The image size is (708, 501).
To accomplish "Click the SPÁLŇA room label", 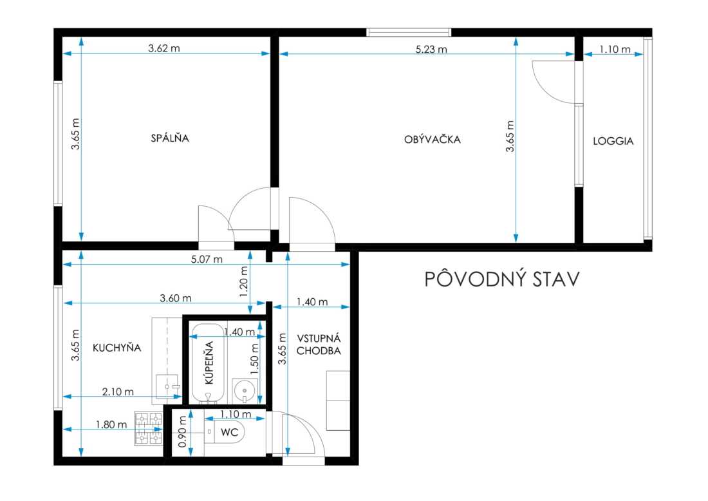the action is coord(170,137).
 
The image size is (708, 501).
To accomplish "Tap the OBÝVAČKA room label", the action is coord(432,138).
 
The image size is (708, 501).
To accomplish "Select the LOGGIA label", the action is coord(613,141).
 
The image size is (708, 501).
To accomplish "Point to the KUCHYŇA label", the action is coord(117,347).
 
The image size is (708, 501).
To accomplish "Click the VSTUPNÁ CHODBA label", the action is coord(319,345).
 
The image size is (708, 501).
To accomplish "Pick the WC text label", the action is coord(229,432).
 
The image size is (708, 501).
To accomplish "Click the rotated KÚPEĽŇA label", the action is coord(209,363).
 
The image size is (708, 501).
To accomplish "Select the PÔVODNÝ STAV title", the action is coord(501,279).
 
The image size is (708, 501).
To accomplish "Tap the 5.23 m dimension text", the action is coord(431,49).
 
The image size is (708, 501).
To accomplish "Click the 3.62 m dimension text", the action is coord(164,48).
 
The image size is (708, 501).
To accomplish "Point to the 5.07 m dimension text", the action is coord(207,260).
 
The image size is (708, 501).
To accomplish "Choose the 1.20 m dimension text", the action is coord(244,281).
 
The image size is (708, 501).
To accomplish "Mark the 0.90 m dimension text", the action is coord(183,432).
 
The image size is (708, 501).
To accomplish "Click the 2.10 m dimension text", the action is coord(118,392).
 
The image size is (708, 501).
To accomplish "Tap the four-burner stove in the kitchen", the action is coord(148,428).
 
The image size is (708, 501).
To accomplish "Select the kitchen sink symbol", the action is coord(167,387).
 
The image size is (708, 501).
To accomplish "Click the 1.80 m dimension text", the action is coord(111,424).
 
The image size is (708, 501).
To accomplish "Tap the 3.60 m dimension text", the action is coord(176,298).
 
